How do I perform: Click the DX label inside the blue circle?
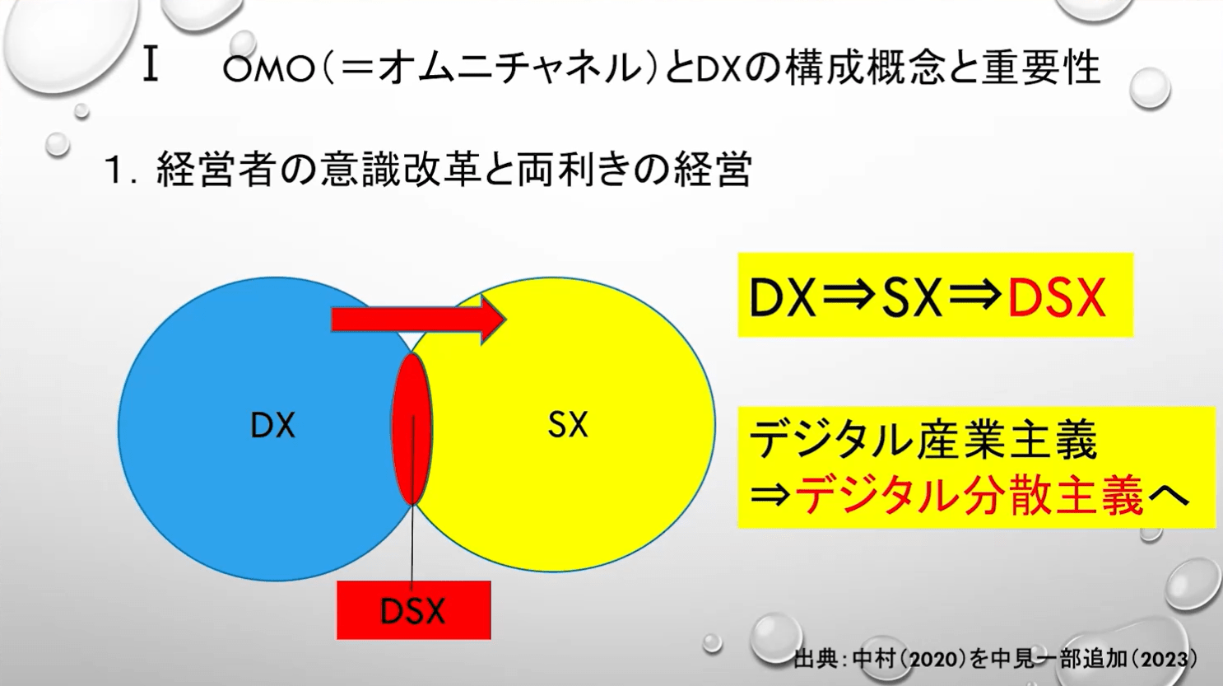pyautogui.click(x=272, y=426)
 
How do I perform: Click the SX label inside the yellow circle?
pyautogui.click(x=567, y=425)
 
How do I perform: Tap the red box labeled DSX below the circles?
pyautogui.click(x=413, y=611)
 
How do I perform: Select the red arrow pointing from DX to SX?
pyautogui.click(x=417, y=319)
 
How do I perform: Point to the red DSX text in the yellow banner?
pyautogui.click(x=1056, y=297)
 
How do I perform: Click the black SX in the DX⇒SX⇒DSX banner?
pyautogui.click(x=911, y=297)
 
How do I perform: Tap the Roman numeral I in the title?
pyautogui.click(x=150, y=66)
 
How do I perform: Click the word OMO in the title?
pyautogui.click(x=268, y=70)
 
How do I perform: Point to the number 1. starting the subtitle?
pyautogui.click(x=120, y=171)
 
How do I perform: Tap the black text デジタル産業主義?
pyautogui.click(x=923, y=440)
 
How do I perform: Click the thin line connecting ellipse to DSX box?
pyautogui.click(x=412, y=544)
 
